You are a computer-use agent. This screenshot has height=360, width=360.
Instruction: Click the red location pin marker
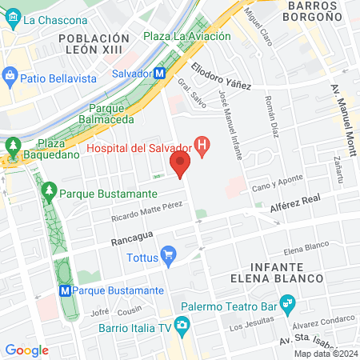click(x=180, y=166)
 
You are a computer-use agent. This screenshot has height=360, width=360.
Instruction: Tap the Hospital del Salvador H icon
click(x=203, y=148)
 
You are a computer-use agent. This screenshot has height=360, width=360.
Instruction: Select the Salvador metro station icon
click(x=160, y=73)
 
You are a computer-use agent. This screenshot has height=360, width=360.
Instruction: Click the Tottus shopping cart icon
click(x=168, y=257)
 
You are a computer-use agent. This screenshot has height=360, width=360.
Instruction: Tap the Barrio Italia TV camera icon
click(x=182, y=326)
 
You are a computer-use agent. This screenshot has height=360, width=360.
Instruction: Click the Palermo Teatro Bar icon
click(x=289, y=304)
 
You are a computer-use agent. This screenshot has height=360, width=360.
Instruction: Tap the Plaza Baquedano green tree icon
click(x=13, y=146)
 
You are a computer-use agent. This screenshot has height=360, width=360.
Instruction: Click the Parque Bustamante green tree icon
click(x=49, y=192)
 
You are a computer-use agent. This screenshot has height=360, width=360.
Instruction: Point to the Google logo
click(x=27, y=350)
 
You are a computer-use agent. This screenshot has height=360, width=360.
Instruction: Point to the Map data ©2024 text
click(x=326, y=354)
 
